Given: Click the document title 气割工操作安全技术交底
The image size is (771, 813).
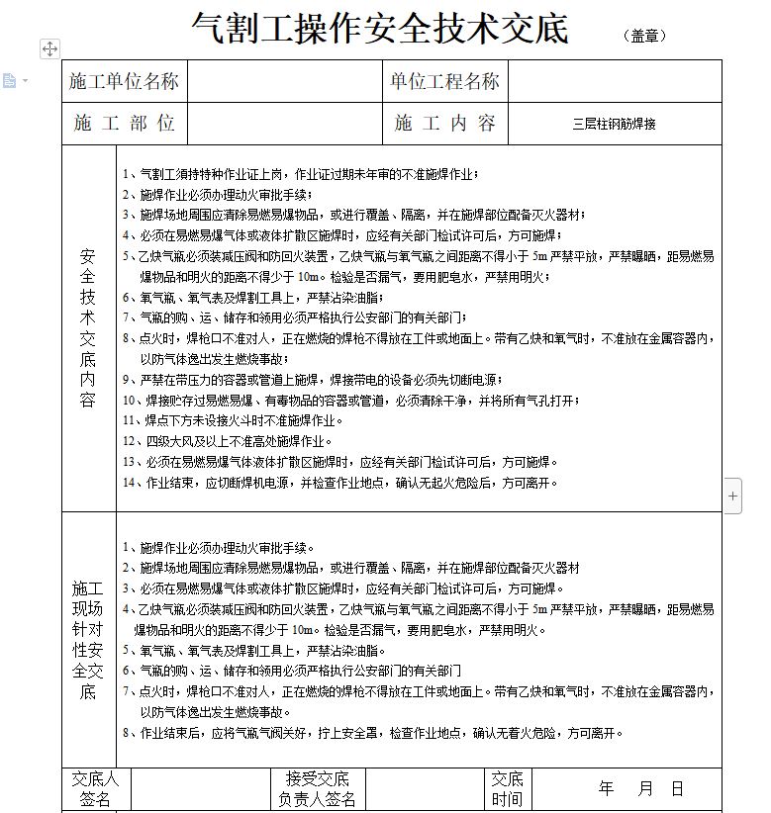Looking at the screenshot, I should coord(380,29).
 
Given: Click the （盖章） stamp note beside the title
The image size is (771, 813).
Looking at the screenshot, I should coord(645,36).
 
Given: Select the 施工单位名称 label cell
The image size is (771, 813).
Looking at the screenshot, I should coord(124,81).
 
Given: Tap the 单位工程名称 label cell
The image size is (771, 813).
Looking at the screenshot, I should coord(445,81).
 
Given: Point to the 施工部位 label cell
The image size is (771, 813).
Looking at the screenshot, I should coord(124,124).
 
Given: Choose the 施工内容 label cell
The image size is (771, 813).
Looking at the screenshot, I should coord(445,124).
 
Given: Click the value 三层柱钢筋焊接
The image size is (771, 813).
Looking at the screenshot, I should coord(614,125).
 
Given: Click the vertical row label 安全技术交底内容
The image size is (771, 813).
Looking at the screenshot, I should coord(88,327).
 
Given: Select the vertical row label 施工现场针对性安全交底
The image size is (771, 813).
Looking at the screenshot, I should coord(88,639).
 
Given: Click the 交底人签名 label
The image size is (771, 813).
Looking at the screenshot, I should coord(96,788).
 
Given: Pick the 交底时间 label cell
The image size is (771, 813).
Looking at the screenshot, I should coord(507,788).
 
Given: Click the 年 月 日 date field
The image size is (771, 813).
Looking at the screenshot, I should coord(641,788).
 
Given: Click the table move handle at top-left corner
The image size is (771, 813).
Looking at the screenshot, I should coord(50,48).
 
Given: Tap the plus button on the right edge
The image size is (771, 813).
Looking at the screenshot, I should coord(732,497).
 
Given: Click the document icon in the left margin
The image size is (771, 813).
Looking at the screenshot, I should coord(10,80).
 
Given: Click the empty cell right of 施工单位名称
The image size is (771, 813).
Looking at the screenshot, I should coord(284,81).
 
